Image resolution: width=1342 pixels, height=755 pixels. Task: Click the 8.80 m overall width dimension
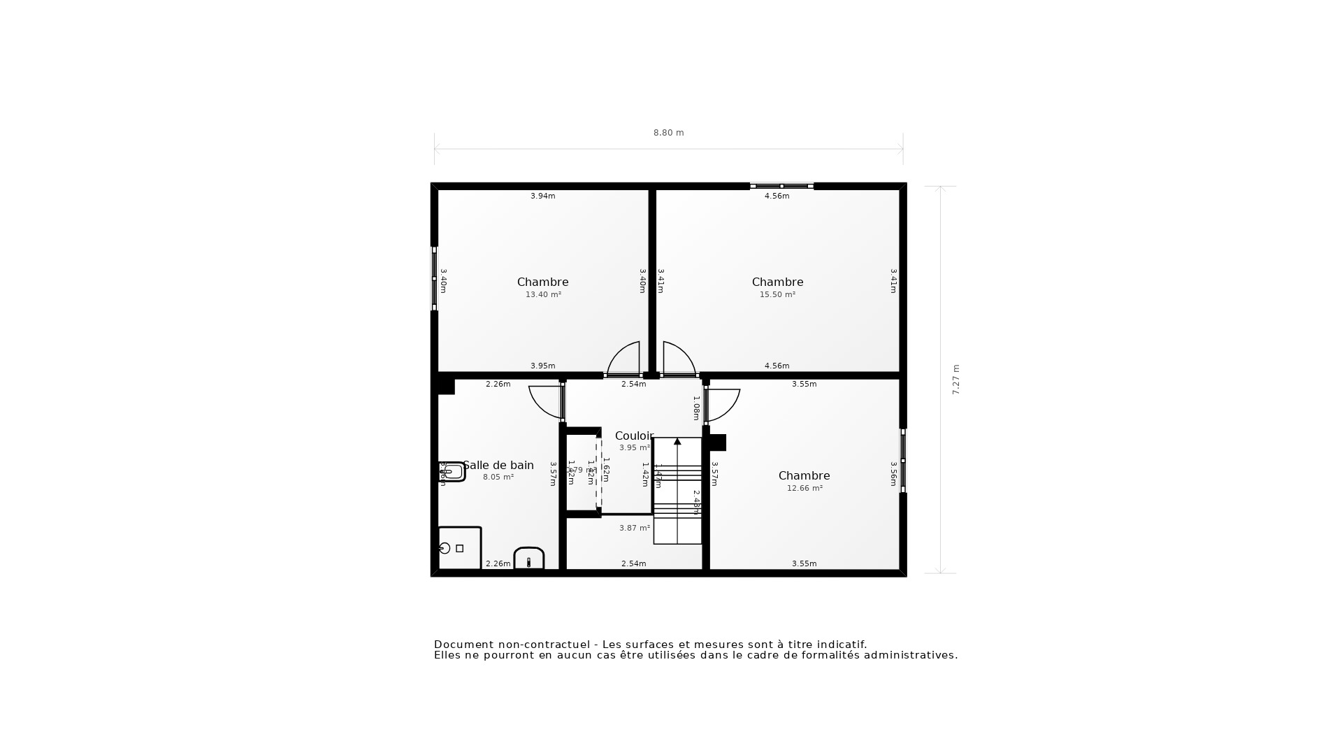(x=668, y=133)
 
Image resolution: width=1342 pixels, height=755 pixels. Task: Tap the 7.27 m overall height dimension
(x=955, y=380)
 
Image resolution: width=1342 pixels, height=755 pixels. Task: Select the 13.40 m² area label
(x=543, y=295)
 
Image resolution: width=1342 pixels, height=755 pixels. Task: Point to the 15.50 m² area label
(x=777, y=295)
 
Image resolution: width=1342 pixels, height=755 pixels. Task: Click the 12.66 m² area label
(x=805, y=489)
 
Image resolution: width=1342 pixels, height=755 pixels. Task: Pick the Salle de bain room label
(x=498, y=466)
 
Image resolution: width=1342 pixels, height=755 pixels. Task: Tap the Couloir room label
(x=634, y=436)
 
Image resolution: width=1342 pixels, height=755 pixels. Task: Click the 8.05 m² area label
(x=498, y=477)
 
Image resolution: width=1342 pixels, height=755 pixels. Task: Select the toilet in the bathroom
(x=529, y=559)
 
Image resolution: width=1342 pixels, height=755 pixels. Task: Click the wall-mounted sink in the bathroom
(x=452, y=472)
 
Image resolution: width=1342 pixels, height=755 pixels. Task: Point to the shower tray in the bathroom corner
(x=459, y=548)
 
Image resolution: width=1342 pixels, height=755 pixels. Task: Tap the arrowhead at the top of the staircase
(x=677, y=442)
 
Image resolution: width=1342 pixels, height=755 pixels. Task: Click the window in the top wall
(x=781, y=186)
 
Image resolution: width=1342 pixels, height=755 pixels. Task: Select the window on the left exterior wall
(x=434, y=278)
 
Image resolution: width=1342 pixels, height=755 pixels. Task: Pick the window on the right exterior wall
(x=903, y=461)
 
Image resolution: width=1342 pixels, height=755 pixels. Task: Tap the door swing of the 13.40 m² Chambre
(x=624, y=359)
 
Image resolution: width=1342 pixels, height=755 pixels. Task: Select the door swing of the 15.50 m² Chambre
(x=678, y=359)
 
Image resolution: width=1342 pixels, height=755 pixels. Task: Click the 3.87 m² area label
(x=635, y=528)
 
